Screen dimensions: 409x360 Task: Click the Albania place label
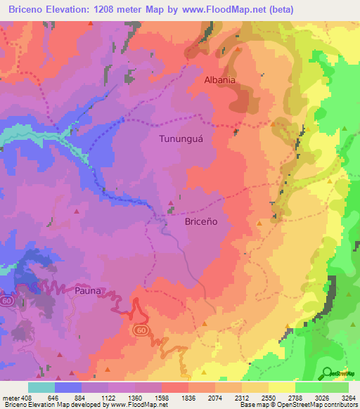(219, 80)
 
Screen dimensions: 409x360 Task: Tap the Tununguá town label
(182, 139)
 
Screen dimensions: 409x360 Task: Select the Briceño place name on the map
(200, 221)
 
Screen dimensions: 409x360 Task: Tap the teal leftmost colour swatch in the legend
(41, 387)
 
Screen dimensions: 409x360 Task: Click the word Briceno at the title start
(25, 9)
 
